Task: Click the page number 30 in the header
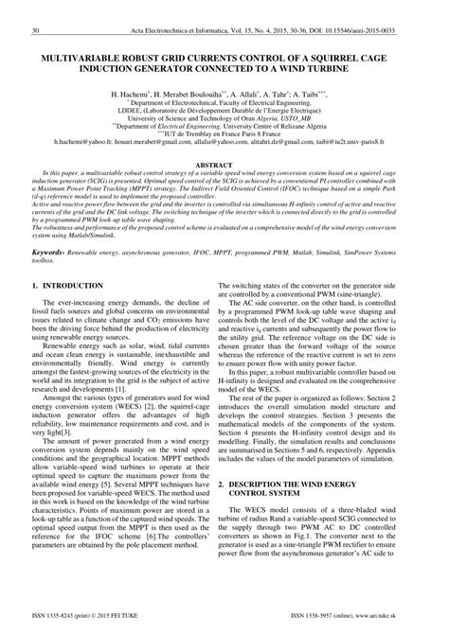pyautogui.click(x=35, y=30)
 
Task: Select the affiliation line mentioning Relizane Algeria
pyautogui.click(x=224, y=124)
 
